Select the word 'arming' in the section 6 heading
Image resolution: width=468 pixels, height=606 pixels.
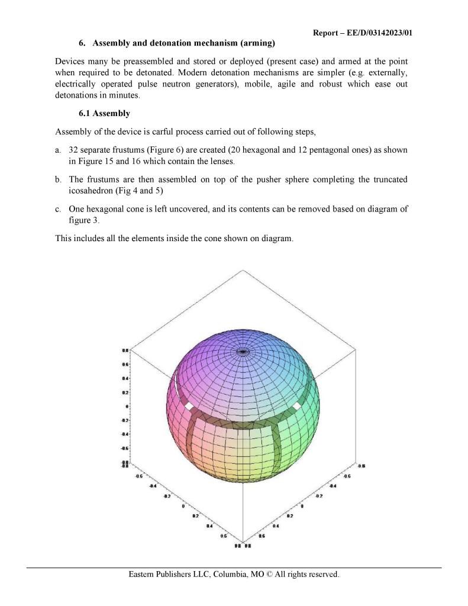tap(259, 43)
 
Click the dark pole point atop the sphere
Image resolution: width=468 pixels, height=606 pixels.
tap(243, 351)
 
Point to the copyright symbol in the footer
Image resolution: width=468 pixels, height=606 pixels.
tap(273, 575)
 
